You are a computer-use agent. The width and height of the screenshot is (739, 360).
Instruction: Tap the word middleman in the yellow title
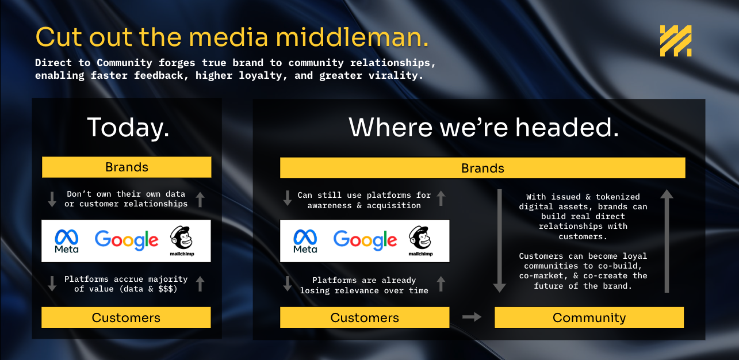tap(352, 37)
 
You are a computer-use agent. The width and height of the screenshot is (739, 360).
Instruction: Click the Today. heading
tap(128, 127)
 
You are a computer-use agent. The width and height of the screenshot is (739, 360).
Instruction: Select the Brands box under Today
tap(127, 167)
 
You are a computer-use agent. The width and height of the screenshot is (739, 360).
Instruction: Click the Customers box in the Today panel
tap(126, 317)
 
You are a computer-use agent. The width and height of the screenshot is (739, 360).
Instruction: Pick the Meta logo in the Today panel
tap(67, 241)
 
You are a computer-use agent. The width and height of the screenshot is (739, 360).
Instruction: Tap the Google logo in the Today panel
tap(127, 240)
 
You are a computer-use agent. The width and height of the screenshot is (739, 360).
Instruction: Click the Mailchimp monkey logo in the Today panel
tap(182, 241)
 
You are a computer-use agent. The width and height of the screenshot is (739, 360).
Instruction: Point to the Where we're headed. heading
tap(484, 127)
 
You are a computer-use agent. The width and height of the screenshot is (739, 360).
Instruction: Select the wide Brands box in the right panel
tap(483, 168)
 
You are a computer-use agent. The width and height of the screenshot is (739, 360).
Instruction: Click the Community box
tap(589, 317)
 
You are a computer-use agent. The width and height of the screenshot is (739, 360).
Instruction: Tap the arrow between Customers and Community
tap(472, 317)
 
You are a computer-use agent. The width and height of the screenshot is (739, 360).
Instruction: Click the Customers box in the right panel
tap(365, 317)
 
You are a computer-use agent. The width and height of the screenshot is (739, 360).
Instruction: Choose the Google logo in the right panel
tap(365, 240)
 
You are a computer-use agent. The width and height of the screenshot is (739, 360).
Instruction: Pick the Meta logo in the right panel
tap(305, 241)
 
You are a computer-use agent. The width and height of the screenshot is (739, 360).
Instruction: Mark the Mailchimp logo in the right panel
tap(420, 241)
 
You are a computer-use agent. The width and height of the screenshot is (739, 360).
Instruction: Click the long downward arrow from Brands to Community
tap(500, 241)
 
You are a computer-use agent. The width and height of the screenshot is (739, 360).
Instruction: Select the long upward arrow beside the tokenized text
tap(667, 241)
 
